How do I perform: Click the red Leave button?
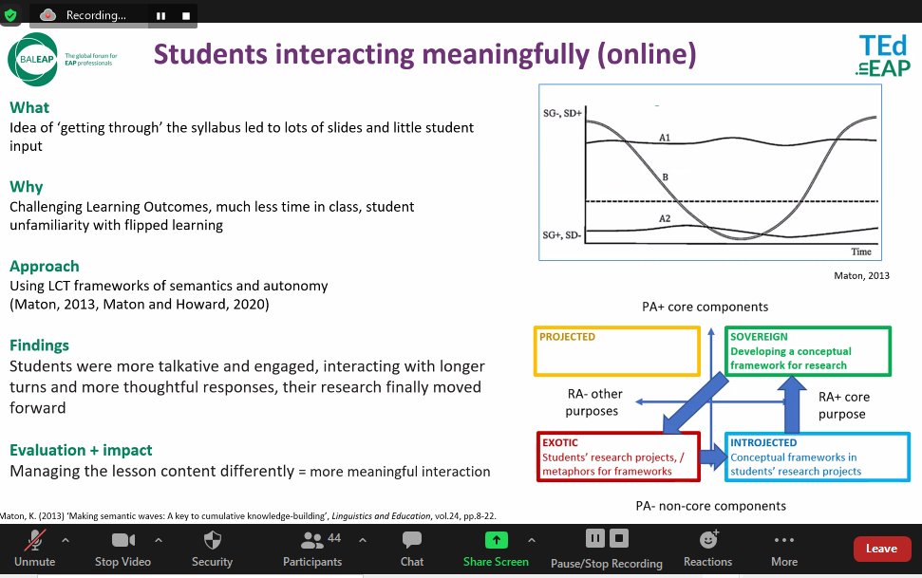tap(881, 549)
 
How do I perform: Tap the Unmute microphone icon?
tap(35, 541)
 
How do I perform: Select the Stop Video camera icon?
tap(123, 541)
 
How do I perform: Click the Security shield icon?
tap(212, 540)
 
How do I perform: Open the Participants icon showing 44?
tap(311, 541)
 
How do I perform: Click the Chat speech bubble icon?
tap(411, 541)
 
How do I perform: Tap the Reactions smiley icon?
tap(707, 540)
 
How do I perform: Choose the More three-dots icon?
tap(784, 540)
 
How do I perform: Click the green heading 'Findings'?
tap(39, 345)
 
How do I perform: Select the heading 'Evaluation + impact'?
tap(81, 450)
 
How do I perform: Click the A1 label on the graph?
tap(666, 139)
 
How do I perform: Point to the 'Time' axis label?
tap(861, 252)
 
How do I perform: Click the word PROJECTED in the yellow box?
tap(567, 337)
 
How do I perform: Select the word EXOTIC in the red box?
tap(559, 443)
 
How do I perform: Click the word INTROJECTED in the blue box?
tap(764, 443)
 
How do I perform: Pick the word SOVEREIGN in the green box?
tap(760, 337)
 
